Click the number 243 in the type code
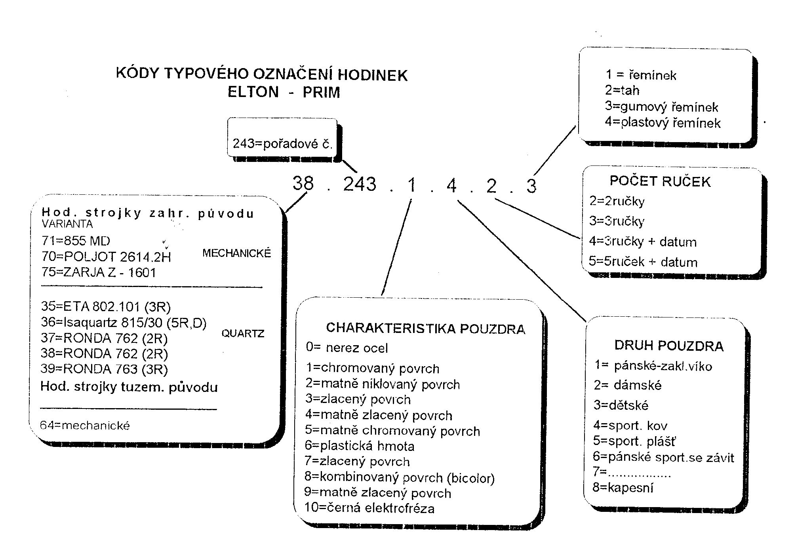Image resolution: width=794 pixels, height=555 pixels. click(360, 184)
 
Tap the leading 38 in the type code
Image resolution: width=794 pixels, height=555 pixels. click(303, 183)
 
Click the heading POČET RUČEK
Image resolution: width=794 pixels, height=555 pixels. click(660, 181)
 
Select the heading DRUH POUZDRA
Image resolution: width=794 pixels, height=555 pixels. click(669, 346)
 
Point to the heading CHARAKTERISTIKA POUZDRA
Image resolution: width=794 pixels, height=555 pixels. click(426, 329)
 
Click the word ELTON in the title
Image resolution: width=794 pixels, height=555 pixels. click(253, 92)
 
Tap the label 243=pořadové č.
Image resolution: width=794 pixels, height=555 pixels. click(282, 143)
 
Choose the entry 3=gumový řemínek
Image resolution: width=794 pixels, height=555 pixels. click(661, 107)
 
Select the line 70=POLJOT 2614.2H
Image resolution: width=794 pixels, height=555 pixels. click(106, 257)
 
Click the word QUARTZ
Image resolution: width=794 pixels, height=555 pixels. click(243, 334)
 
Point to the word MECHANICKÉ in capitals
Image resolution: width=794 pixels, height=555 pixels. click(236, 253)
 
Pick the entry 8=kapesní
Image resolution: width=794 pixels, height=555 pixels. click(623, 488)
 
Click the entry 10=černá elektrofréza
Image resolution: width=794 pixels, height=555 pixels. click(369, 508)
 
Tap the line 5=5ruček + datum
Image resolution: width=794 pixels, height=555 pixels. click(643, 262)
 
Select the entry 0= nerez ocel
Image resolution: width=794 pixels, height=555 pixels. click(347, 348)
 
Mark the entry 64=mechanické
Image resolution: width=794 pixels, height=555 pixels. click(85, 426)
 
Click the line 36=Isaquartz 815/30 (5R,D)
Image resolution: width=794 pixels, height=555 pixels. click(124, 323)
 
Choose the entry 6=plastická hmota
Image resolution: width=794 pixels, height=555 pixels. click(360, 446)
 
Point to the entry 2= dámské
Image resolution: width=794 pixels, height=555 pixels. click(628, 385)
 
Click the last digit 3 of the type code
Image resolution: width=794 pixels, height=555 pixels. click(531, 186)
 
